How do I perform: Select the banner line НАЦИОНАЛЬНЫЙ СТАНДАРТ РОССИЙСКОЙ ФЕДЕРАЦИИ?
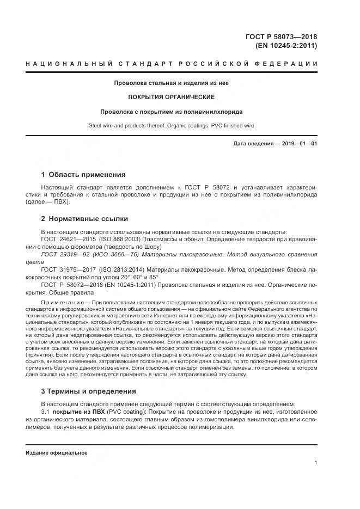(171, 65)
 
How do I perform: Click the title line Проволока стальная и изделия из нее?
(171, 84)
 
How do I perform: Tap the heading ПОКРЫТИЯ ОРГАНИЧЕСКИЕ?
(171, 97)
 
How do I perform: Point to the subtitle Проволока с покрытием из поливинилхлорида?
(171, 112)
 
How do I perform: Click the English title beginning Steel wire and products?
(171, 126)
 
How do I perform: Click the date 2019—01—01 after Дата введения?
(301, 144)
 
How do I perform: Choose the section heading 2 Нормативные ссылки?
(85, 219)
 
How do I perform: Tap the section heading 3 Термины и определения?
(88, 391)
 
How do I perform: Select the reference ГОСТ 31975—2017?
(66, 269)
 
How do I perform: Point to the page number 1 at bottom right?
(316, 463)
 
